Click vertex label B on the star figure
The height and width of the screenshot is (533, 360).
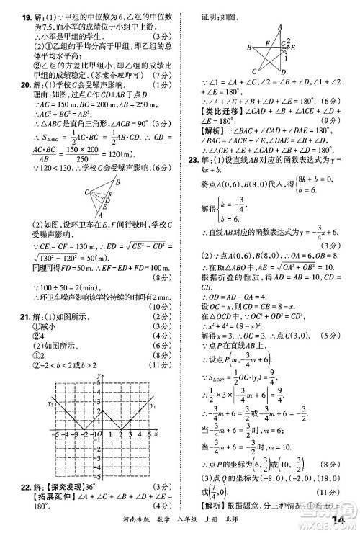248,48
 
